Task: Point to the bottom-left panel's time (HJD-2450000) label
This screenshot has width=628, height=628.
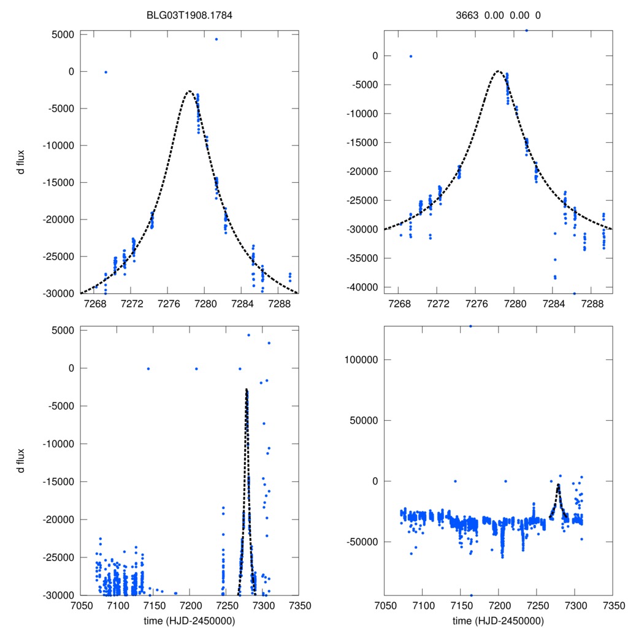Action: [190, 620]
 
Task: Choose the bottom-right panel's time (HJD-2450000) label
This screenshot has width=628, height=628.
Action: [498, 620]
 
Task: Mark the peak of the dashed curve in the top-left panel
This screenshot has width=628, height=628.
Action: [190, 91]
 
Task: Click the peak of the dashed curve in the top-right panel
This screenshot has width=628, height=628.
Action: [498, 71]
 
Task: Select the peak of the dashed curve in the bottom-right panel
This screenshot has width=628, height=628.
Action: [558, 484]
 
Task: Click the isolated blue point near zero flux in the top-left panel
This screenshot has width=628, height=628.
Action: [105, 72]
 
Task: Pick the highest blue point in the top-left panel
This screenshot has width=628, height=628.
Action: [216, 39]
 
